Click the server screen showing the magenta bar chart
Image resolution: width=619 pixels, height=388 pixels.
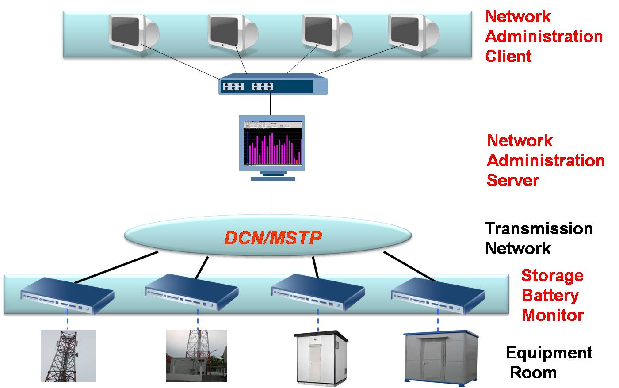tap(272, 143)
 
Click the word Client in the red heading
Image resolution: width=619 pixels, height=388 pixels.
tap(508, 56)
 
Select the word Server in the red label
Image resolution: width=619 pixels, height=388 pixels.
tap(513, 180)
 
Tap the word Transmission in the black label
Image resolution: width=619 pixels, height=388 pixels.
tap(539, 228)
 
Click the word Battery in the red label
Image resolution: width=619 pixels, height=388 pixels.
tap(550, 295)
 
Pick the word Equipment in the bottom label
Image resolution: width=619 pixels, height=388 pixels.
tap(549, 353)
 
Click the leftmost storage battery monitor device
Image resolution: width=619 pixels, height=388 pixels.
tap(68, 295)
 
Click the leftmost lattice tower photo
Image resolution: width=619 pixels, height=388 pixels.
tap(68, 356)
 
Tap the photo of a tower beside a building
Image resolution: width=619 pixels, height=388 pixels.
tap(196, 356)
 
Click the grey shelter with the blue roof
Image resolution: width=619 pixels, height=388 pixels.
tap(441, 357)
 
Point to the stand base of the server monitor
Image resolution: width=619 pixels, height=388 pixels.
tap(272, 179)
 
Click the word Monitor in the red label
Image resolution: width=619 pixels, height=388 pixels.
tap(553, 315)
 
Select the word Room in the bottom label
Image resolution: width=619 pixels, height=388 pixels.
tap(533, 373)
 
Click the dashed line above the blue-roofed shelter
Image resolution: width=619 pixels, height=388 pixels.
tap(438, 320)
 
